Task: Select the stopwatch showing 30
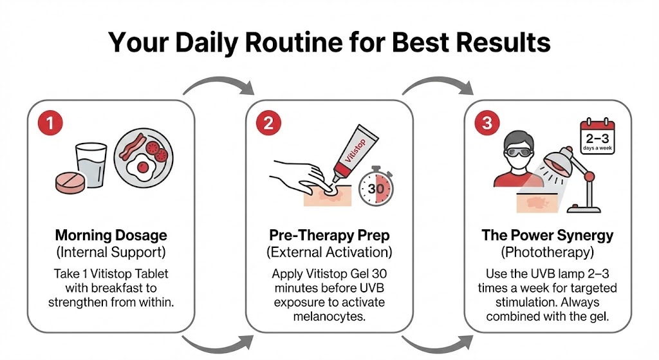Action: pyautogui.click(x=377, y=188)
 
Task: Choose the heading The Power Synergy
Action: pyautogui.click(x=547, y=235)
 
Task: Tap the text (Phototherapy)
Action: pyautogui.click(x=547, y=251)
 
